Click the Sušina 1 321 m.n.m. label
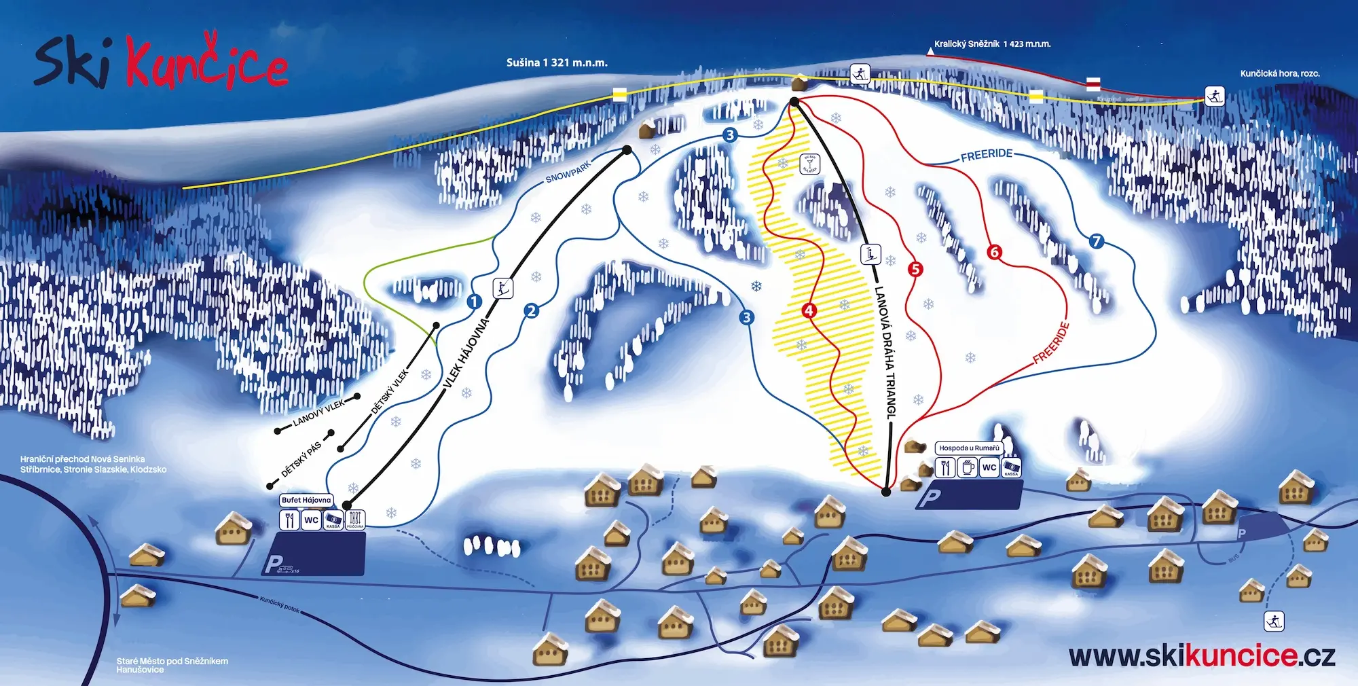pos(557,62)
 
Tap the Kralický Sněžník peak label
pos(991,44)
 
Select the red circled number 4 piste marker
pos(808,310)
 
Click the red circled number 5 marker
pos(915,270)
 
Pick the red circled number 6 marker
pos(994,253)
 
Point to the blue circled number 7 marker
pos(1096,241)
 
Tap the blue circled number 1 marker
pos(475,301)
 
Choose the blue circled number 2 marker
pos(531,311)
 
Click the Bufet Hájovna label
pos(306,500)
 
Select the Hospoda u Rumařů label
pos(969,448)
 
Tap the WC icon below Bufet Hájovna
pos(311,520)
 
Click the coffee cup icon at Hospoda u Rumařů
pos(968,467)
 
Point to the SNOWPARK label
pos(568,172)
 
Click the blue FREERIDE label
pos(987,155)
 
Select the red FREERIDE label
pos(1051,343)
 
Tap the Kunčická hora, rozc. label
pos(1279,73)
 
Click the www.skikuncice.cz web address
pos(1202,656)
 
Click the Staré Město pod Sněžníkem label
pos(172,661)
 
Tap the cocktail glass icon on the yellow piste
pos(810,164)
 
